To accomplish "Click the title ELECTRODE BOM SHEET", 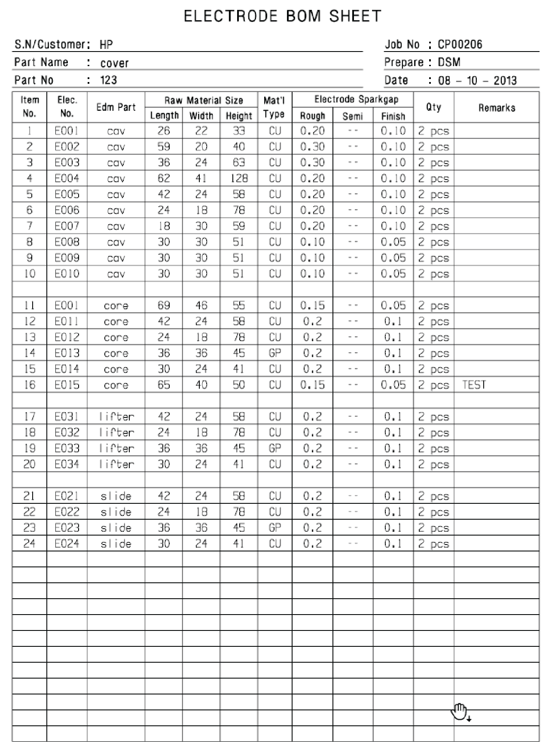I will (282, 16).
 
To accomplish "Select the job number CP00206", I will (460, 44).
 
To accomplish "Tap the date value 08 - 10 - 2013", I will (477, 80).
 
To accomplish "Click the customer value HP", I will (106, 44).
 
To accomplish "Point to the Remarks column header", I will (497, 107).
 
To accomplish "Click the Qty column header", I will (433, 107).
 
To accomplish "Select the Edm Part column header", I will (116, 107).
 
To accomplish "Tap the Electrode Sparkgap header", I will (356, 100).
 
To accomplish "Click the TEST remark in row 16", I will (474, 385).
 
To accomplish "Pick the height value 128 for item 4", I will (239, 178).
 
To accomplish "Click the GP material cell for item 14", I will (274, 353).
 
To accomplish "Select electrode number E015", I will (67, 385).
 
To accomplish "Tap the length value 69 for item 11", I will (164, 305).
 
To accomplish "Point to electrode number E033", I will (67, 448).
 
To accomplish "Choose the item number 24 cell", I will (29, 544).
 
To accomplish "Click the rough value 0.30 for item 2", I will (312, 146).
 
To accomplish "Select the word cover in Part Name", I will (115, 63).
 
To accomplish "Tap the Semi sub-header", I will (353, 116).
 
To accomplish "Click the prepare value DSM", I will (449, 62).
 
